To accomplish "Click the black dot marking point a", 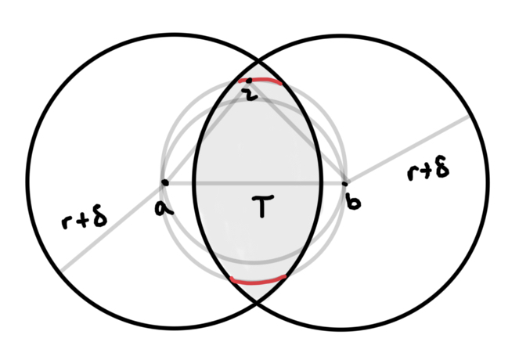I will tap(164, 182).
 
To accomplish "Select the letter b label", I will tap(354, 203).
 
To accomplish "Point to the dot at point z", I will tap(249, 81).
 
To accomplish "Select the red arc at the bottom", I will tap(258, 278).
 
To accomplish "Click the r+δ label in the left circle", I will tap(85, 221).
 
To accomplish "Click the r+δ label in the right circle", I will tap(428, 171).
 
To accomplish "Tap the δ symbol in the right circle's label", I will tap(443, 168).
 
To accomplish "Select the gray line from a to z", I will tap(205, 133).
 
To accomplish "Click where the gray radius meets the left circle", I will tap(59, 271).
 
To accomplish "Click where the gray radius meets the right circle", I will tap(469, 116).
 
